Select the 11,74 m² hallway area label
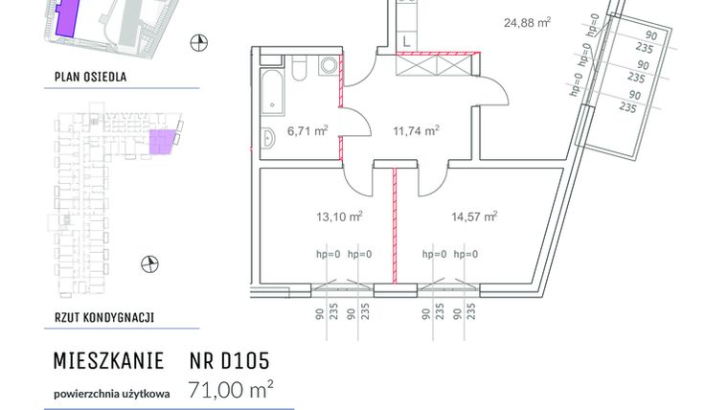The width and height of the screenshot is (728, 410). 418,131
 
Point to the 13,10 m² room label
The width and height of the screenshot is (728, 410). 340,217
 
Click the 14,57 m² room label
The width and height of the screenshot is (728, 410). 474,217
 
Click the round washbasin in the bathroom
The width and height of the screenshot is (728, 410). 329,66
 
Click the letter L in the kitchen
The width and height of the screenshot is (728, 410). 406,40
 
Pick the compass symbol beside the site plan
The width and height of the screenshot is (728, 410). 199,40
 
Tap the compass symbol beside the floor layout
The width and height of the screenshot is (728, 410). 148,263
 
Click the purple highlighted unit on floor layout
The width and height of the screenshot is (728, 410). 164,142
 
